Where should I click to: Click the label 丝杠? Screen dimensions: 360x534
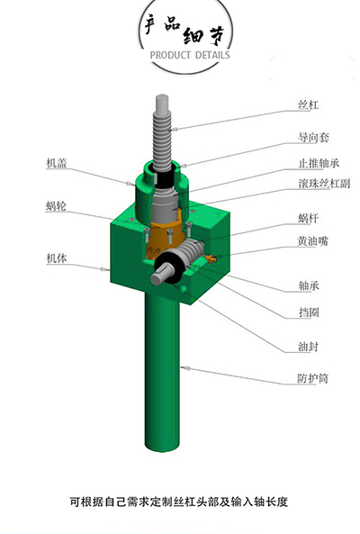tap(309, 104)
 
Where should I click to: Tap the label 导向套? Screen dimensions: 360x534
tap(313, 138)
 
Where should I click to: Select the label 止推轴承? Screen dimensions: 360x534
tap(319, 163)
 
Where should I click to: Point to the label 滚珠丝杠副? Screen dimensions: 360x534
tap(324, 184)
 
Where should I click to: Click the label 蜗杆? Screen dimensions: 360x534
tap(309, 218)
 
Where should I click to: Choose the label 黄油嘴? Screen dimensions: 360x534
tap(313, 241)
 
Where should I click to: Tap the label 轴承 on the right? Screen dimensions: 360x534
tap(309, 285)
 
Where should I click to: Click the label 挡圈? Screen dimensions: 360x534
tap(309, 312)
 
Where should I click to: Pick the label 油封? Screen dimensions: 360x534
tap(309, 347)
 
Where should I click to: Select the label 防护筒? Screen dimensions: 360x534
tap(313, 378)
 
